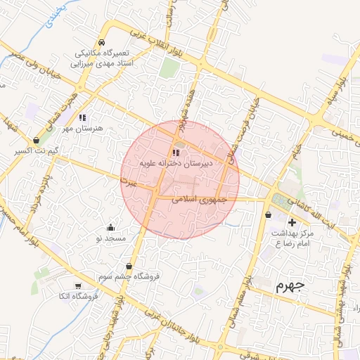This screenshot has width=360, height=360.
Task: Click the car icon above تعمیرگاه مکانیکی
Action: pos(102,41)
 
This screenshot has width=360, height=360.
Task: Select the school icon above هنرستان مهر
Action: pos(82,118)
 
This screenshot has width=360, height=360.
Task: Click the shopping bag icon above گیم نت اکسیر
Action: pos(36,140)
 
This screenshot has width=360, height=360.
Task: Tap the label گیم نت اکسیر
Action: pos(36,151)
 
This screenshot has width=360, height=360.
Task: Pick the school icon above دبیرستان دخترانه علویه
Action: pos(174,153)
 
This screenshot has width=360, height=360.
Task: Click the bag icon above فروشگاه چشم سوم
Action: pos(129,266)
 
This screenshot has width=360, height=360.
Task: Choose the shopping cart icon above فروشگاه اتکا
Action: pos(78,285)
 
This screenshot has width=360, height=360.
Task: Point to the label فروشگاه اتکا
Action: pos(79,297)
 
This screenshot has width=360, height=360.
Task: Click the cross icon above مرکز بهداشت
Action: pos(292,222)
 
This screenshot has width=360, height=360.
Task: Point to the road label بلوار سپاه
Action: pos(342,88)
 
